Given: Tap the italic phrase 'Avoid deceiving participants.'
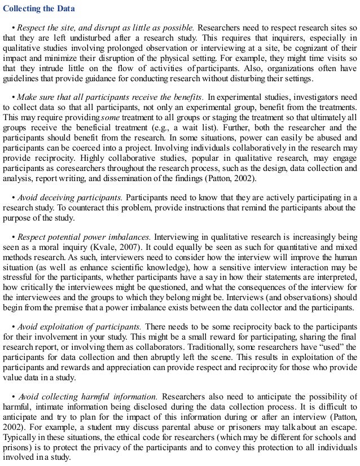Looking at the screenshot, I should coord(71,199).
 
